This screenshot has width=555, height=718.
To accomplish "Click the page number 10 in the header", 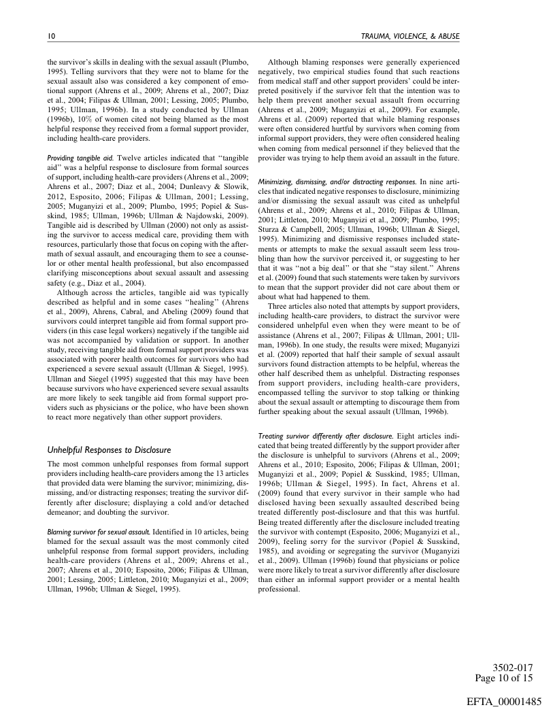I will (51, 35).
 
